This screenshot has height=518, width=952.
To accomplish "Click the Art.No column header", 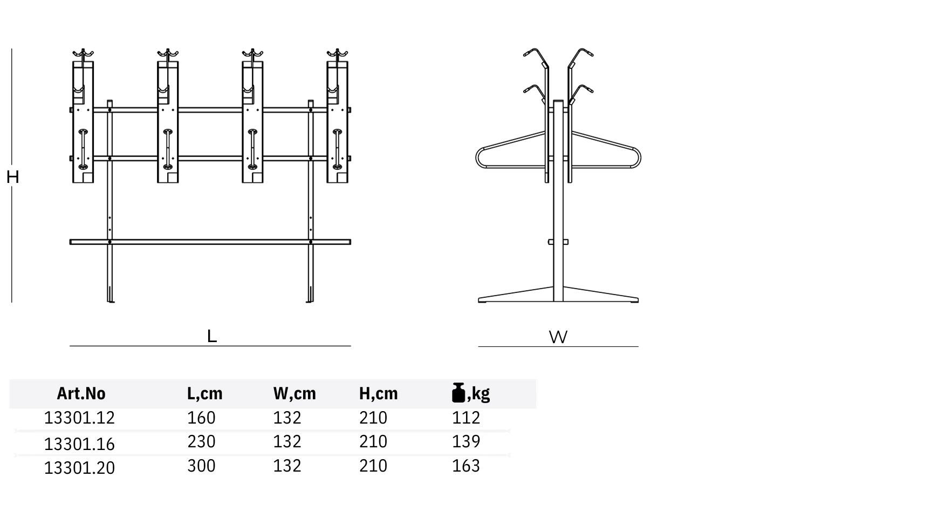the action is [81, 393].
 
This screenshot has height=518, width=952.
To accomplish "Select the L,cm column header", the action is [204, 394].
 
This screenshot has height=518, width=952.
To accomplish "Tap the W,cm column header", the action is [294, 394].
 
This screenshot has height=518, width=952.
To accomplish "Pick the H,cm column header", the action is [378, 394].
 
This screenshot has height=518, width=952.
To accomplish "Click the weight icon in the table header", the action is [458, 393].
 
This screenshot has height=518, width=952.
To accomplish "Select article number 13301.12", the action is [79, 418].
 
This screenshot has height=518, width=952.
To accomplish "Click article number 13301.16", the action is [79, 444].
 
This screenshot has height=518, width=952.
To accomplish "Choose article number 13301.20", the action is [79, 468].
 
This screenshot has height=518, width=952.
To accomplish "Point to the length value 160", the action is [201, 418].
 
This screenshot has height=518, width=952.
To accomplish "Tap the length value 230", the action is [201, 441].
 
